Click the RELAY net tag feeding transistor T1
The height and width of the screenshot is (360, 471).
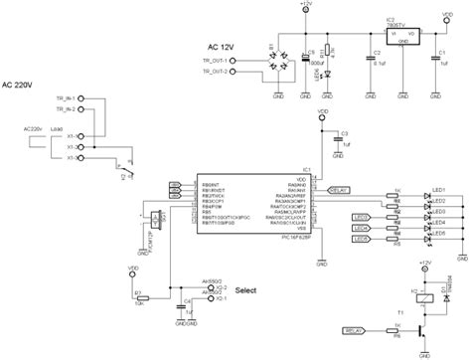point(356,330)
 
